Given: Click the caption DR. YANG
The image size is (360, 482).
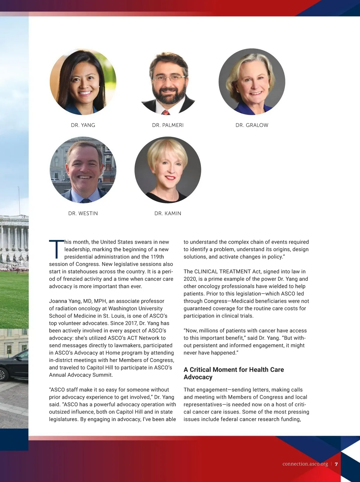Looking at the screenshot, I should [x=83, y=125].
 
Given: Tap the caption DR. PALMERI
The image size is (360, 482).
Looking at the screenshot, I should [x=168, y=125].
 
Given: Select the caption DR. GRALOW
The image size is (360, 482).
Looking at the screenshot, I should [x=252, y=125].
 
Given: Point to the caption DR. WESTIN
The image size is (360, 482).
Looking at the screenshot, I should [x=83, y=213].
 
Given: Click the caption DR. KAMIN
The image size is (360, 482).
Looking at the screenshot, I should [x=168, y=213].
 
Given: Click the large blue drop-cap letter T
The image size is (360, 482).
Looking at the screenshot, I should [x=56, y=249].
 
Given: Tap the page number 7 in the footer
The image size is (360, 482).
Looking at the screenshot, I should [x=336, y=464].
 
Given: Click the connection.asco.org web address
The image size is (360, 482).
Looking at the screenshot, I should [x=305, y=464].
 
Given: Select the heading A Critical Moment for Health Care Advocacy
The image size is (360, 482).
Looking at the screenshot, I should [x=234, y=373].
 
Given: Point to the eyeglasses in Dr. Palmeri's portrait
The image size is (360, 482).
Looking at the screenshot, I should [x=169, y=79].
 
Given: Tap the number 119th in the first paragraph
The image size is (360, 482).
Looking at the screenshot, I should [x=157, y=257].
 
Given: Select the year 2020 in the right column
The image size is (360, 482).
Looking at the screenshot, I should [x=190, y=279].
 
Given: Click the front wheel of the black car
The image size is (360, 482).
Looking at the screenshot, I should [x=2, y=375].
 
